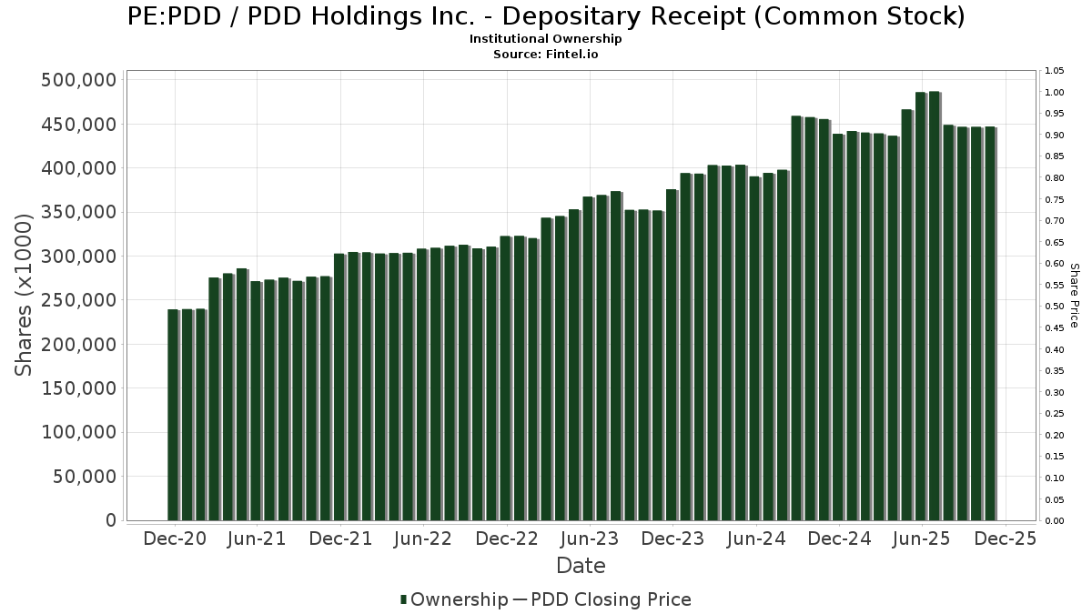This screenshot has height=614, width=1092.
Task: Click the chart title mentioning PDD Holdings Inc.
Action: (545, 16)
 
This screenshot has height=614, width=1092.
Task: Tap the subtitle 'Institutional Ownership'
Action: (545, 39)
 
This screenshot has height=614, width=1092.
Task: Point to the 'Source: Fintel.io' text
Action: (545, 55)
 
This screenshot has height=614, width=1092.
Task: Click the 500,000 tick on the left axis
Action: (79, 80)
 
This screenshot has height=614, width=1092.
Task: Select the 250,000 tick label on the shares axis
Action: (79, 300)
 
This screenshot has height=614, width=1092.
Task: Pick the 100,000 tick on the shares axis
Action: (79, 433)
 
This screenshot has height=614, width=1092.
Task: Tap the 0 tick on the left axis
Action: (110, 520)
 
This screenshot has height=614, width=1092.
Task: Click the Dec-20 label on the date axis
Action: (175, 539)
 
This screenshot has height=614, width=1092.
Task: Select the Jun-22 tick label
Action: (423, 539)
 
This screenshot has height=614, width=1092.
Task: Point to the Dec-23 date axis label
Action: (672, 539)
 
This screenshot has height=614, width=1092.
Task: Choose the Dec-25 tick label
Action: (1005, 539)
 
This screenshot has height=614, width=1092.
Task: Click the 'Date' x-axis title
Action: (581, 566)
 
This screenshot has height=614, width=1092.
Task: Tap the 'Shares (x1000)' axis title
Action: (25, 295)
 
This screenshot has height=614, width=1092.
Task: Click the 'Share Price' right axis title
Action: (1074, 295)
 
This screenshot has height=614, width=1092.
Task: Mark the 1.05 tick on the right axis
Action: (1055, 71)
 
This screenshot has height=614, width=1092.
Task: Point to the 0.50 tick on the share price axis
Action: (1055, 307)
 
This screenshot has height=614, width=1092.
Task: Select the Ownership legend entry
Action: (453, 599)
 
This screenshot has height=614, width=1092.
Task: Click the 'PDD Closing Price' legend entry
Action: (611, 599)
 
